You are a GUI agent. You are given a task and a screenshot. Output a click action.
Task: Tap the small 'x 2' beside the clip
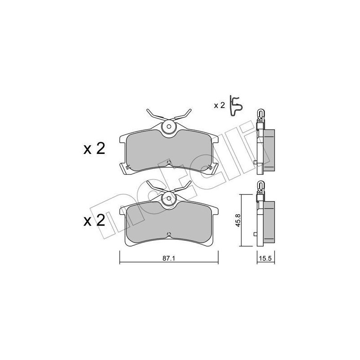(219, 105)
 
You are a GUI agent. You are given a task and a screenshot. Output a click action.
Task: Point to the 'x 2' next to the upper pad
(94, 149)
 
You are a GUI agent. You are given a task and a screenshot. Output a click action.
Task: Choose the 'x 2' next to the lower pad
(94, 220)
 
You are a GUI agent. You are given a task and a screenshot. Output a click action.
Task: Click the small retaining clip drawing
(236, 105)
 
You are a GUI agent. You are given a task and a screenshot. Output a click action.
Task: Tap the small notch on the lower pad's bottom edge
(168, 234)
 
